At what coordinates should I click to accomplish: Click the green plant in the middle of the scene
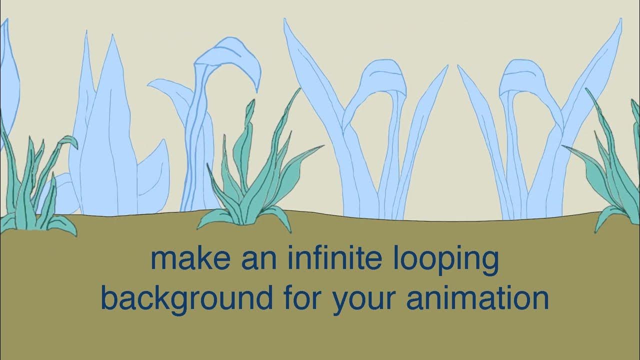255,185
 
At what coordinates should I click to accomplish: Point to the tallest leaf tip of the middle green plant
299,90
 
